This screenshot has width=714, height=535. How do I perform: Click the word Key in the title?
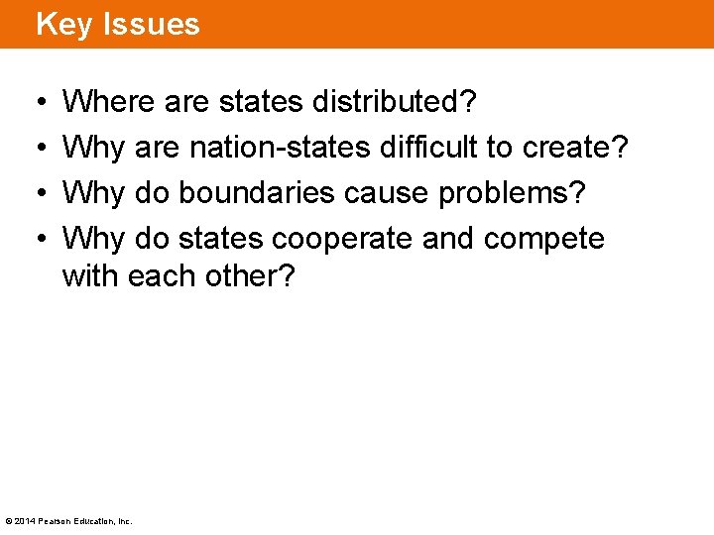(64, 24)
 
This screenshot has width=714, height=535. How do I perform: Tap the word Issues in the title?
(149, 24)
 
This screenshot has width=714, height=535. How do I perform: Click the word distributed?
(393, 101)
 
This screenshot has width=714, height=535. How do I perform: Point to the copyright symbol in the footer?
(9, 521)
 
